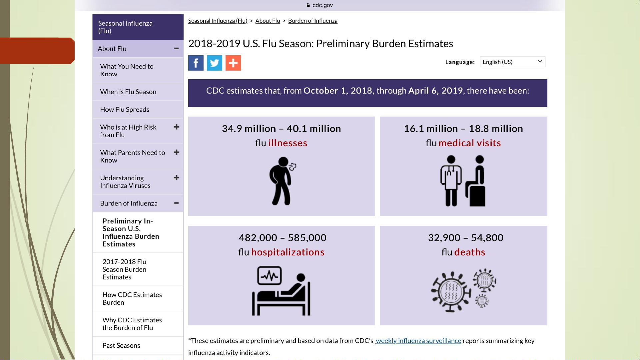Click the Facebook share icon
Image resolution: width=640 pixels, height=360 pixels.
pyautogui.click(x=196, y=63)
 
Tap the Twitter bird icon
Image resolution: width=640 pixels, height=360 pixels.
pyautogui.click(x=215, y=63)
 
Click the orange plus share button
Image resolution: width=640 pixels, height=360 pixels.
pyautogui.click(x=233, y=63)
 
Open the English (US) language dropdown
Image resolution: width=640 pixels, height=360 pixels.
pyautogui.click(x=512, y=62)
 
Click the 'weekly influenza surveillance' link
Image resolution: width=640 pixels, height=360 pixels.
pyautogui.click(x=418, y=341)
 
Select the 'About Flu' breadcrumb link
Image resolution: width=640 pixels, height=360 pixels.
pyautogui.click(x=268, y=21)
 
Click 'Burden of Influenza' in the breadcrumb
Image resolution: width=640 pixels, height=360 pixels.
pyautogui.click(x=313, y=21)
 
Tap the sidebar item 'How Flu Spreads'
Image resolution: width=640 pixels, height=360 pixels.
pyautogui.click(x=125, y=110)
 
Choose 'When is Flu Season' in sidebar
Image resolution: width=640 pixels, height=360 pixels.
pyautogui.click(x=128, y=92)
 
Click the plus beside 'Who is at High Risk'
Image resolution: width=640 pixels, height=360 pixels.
pyautogui.click(x=177, y=127)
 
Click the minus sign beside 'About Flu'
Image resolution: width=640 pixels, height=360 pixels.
pyautogui.click(x=177, y=49)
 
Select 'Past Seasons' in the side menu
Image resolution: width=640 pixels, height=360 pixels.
pyautogui.click(x=121, y=346)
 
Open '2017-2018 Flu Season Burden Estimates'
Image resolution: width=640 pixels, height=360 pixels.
pyautogui.click(x=124, y=269)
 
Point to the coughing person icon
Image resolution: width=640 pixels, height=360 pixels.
pyautogui.click(x=283, y=181)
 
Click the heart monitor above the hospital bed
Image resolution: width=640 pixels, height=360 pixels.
pyautogui.click(x=270, y=275)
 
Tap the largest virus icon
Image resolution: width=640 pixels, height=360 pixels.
pyautogui.click(x=451, y=292)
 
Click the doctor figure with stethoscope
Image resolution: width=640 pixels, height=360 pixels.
pyautogui.click(x=451, y=181)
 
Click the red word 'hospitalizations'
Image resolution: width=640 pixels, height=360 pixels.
pyautogui.click(x=288, y=252)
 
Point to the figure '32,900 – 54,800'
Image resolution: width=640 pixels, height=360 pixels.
pyautogui.click(x=466, y=238)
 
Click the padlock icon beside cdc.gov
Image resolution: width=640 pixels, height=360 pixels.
pyautogui.click(x=308, y=5)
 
